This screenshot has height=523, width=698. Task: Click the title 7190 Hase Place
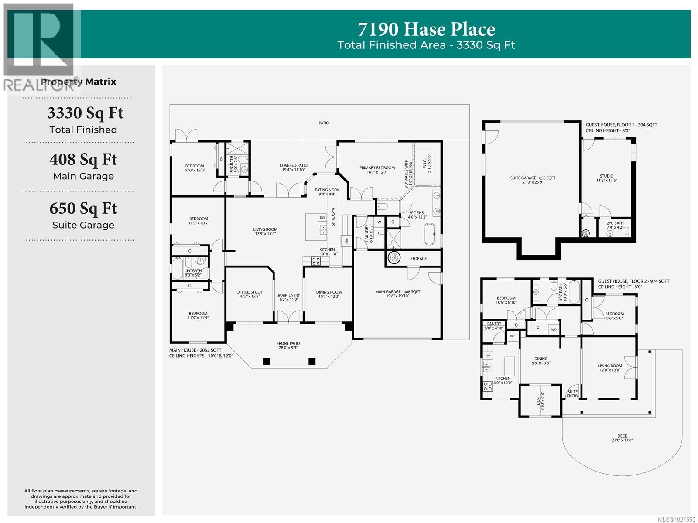[x=426, y=29]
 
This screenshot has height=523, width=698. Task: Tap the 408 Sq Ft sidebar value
[x=83, y=160]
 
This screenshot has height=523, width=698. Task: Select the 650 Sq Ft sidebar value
[x=83, y=209]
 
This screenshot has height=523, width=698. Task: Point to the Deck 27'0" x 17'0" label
[x=622, y=438]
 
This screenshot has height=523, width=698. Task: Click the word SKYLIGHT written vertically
[x=333, y=216]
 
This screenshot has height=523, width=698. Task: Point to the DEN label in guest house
[x=538, y=400]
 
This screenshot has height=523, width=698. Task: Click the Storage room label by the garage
[x=418, y=258]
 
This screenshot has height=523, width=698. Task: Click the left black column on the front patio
[x=266, y=361]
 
